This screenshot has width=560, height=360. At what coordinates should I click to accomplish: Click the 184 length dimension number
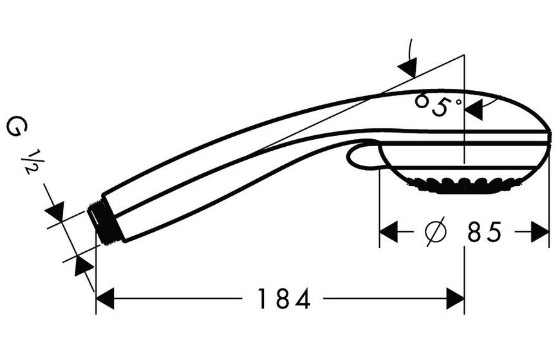(x=284, y=299)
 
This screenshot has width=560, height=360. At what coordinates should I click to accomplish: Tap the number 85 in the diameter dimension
(x=485, y=232)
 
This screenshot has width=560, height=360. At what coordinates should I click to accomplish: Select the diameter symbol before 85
(x=436, y=232)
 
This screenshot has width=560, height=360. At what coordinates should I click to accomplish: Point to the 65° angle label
(x=438, y=104)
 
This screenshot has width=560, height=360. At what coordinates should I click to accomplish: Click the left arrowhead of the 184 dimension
(x=105, y=298)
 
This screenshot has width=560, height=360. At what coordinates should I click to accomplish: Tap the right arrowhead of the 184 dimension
(x=455, y=298)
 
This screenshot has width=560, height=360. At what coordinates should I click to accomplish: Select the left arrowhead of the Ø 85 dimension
(x=389, y=232)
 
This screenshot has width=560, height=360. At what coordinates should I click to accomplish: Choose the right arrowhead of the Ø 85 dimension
(x=540, y=232)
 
